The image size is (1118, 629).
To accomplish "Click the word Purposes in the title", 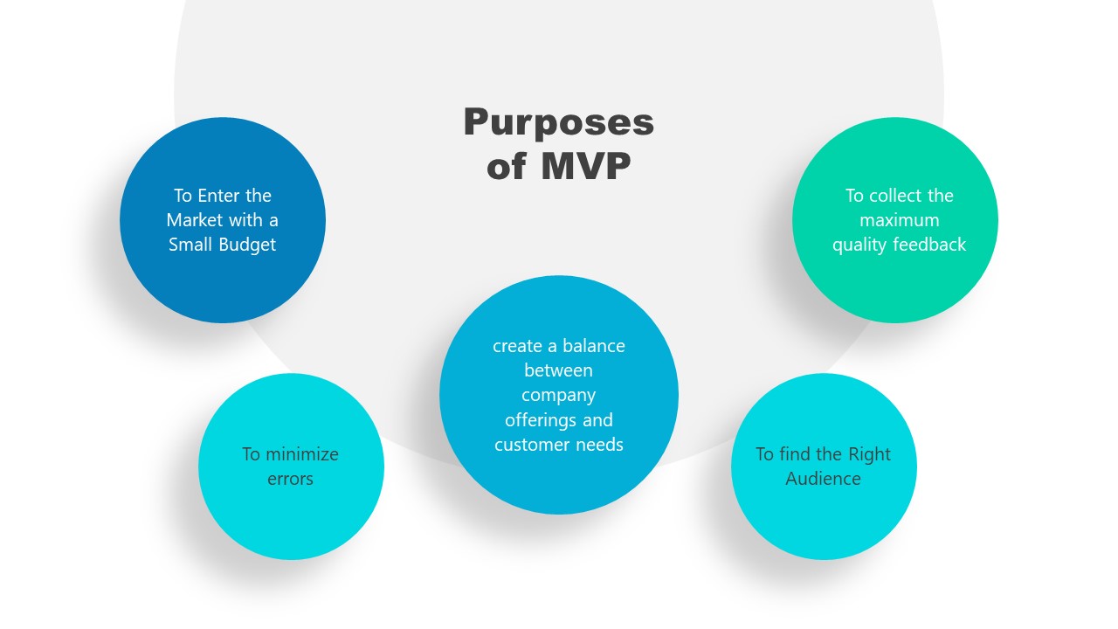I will tap(558, 123).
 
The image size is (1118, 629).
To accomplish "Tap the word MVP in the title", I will tap(584, 166).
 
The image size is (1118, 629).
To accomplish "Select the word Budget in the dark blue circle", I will tap(246, 245).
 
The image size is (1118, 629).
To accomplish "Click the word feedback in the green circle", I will tap(934, 245).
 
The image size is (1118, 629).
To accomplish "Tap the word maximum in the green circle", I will tap(899, 220).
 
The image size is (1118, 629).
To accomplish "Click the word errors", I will tap(290, 479).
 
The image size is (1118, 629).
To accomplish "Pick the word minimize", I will tap(301, 454).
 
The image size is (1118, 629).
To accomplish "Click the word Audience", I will tap(823, 479).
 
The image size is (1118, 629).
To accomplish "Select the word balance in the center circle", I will tap(593, 346).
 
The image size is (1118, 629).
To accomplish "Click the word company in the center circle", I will tap(558, 395).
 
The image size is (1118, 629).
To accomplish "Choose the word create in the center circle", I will tap(517, 346).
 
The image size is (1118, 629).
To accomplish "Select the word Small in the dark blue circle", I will tap(192, 245).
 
